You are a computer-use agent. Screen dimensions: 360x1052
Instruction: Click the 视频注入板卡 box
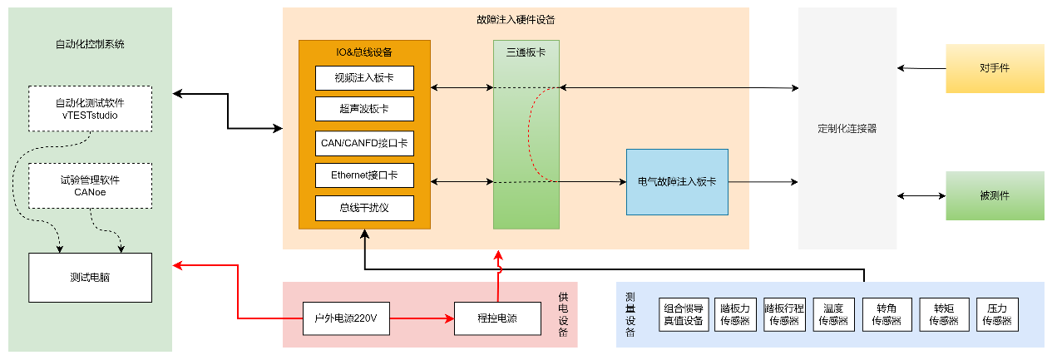364,78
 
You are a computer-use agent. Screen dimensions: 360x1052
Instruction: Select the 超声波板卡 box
364,109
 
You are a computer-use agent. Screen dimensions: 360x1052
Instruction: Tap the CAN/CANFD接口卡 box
364,143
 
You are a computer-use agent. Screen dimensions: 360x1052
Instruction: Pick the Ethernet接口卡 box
364,175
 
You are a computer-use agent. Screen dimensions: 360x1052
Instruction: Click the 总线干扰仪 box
364,208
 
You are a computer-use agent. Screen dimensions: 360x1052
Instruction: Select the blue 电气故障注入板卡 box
677,181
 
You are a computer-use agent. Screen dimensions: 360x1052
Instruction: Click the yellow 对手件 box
995,68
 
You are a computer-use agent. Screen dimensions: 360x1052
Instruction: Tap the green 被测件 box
995,196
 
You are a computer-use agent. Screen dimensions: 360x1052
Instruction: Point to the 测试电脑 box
91,278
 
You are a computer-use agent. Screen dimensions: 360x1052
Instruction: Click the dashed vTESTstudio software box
91,108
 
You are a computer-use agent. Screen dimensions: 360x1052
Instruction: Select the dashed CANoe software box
91,185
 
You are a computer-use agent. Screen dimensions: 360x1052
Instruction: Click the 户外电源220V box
346,318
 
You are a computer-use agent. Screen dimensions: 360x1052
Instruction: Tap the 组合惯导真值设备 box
683,314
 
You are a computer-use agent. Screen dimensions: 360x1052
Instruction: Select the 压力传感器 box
996,314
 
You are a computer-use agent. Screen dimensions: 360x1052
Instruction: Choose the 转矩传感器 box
943,314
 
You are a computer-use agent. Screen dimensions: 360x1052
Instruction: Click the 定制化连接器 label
847,129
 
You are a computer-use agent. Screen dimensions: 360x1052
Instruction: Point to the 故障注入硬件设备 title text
516,19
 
